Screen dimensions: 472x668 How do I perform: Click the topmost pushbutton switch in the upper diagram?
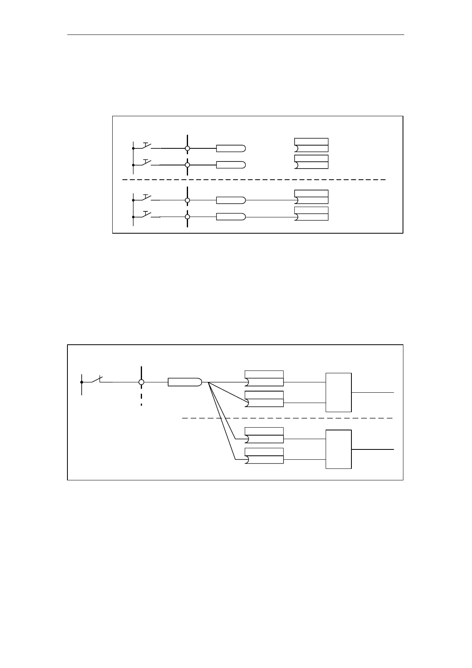click(146, 146)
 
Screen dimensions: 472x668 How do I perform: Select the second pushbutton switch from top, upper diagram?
click(146, 163)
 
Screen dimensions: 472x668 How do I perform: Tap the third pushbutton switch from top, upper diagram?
click(146, 198)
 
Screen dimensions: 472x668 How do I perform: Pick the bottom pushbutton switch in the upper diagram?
click(146, 215)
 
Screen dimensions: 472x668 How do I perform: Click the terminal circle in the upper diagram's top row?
click(187, 148)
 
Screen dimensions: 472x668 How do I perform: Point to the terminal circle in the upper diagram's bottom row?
click(187, 217)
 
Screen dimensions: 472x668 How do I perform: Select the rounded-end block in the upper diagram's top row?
click(230, 148)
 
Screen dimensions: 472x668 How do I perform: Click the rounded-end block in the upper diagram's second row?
click(230, 165)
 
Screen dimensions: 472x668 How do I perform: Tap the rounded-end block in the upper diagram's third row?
click(230, 200)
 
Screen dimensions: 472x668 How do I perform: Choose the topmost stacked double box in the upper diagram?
click(311, 145)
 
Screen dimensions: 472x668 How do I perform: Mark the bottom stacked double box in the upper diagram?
click(311, 213)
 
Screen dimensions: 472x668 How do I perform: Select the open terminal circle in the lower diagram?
click(141, 382)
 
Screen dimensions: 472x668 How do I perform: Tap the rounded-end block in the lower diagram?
click(185, 382)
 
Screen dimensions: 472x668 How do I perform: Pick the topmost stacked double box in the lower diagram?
click(264, 378)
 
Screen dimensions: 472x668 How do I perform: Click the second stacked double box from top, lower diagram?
click(264, 399)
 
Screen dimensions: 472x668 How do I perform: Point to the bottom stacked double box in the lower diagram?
click(264, 456)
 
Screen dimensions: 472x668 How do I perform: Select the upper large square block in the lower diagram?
click(338, 392)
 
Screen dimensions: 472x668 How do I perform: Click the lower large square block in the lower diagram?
click(338, 449)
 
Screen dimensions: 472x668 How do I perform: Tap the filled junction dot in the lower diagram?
click(82, 382)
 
